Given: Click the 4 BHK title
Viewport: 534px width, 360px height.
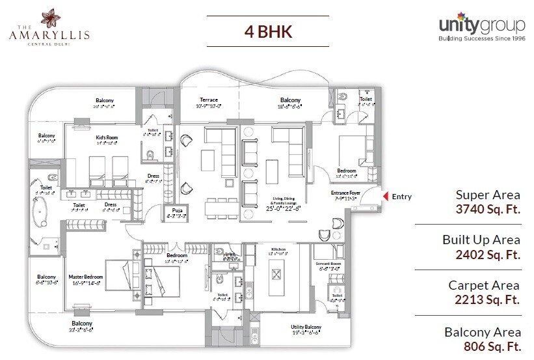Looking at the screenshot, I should click(x=267, y=31).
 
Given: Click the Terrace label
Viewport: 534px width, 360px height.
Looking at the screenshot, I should click(x=209, y=100).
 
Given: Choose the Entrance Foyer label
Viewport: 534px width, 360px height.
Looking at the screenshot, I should click(x=346, y=193).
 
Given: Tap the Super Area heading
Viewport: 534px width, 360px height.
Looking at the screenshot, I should click(x=488, y=194).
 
